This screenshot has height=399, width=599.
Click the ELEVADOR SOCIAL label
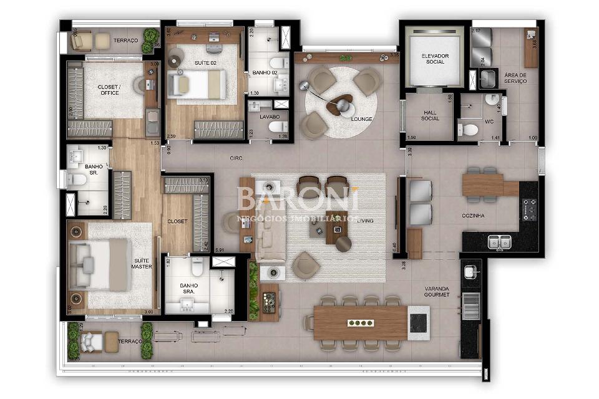click(435, 59)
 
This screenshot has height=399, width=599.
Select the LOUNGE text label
click(362, 119)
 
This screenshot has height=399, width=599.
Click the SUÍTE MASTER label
click(142, 264)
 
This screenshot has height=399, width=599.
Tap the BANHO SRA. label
click(189, 289)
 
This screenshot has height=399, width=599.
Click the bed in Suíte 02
click(197, 84)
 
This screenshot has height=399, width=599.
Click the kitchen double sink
click(497, 241)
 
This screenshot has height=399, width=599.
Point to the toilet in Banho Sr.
click(78, 180)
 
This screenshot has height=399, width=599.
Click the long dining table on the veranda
click(360, 322)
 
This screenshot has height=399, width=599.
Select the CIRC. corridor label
click(235, 158)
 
